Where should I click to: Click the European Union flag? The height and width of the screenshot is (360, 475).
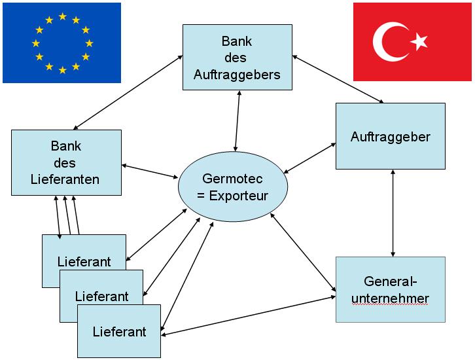[x=62, y=43]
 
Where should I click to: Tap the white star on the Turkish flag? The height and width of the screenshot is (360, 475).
[x=419, y=42]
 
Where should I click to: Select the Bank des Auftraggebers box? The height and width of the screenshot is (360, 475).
[x=237, y=58]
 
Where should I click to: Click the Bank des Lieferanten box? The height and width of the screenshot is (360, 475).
[x=66, y=161]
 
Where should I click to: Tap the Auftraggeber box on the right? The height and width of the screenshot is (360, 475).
[x=391, y=136]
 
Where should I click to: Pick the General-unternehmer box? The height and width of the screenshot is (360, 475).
[x=391, y=289]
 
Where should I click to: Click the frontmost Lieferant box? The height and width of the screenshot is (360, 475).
[x=120, y=331]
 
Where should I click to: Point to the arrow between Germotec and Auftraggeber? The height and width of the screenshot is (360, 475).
[x=309, y=157]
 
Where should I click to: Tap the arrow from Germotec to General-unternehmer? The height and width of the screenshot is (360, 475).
[x=302, y=251]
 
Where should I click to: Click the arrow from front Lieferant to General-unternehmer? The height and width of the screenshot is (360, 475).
[x=249, y=316]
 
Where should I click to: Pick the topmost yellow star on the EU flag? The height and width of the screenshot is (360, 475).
[x=62, y=16]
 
